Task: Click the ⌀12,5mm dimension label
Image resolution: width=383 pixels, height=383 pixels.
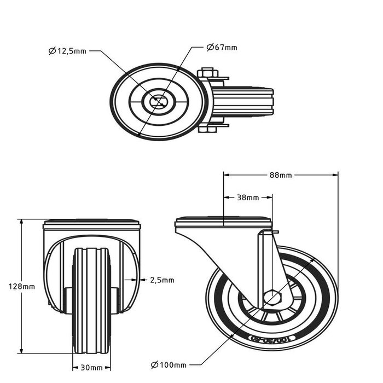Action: tap(67, 51)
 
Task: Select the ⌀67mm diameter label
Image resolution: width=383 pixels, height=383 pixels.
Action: tap(222, 48)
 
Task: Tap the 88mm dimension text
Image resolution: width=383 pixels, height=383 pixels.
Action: tap(281, 176)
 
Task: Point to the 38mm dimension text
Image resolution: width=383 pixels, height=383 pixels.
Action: tap(248, 197)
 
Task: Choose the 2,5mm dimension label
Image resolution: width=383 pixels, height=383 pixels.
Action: tap(162, 280)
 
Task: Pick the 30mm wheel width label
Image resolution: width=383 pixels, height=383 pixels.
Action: tap(92, 367)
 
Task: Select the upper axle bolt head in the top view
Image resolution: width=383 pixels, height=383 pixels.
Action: tap(208, 72)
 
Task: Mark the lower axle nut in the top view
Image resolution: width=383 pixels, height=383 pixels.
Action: tap(208, 130)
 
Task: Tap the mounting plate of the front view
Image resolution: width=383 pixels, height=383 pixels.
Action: tap(91, 224)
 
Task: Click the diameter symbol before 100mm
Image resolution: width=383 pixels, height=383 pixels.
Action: tap(154, 364)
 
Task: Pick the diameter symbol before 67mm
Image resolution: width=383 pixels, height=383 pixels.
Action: tap(210, 48)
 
